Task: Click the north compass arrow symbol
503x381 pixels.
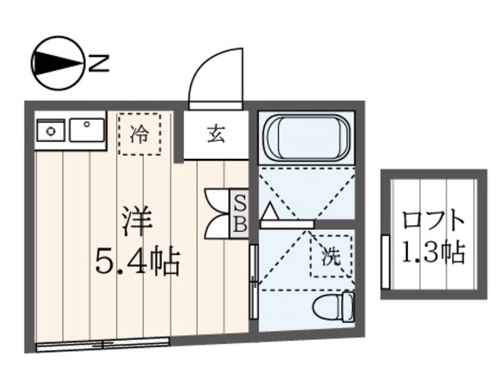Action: click(x=57, y=64)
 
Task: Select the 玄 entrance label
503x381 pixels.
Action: click(x=216, y=133)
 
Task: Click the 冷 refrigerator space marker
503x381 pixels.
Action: click(x=139, y=133)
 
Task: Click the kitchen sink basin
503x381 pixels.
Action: click(x=86, y=128)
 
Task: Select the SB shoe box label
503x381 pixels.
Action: click(x=240, y=213)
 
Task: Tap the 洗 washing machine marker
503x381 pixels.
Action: click(x=331, y=255)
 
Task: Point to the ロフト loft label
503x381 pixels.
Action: click(x=431, y=220)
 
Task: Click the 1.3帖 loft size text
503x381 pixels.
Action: click(x=432, y=253)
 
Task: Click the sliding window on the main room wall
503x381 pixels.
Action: click(x=102, y=343)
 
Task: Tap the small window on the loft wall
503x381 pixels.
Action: click(x=385, y=260)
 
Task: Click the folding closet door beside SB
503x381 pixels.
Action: click(x=215, y=213)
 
